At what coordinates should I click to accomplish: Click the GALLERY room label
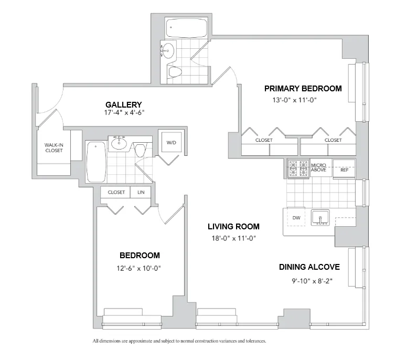(124, 104)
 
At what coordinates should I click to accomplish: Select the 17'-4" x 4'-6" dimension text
(124, 112)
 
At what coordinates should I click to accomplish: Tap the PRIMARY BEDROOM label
(303, 88)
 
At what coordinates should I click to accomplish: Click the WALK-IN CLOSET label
(53, 147)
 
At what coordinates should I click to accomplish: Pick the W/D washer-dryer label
(172, 143)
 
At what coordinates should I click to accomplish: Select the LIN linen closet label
(141, 192)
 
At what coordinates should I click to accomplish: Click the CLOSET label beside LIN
(116, 192)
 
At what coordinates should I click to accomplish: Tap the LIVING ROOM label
(233, 227)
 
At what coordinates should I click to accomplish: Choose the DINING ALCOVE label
(309, 267)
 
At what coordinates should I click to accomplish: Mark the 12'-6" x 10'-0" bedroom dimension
(140, 268)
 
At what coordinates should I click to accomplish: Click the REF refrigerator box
(344, 170)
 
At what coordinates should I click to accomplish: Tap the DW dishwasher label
(296, 217)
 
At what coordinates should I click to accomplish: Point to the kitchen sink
(319, 217)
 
